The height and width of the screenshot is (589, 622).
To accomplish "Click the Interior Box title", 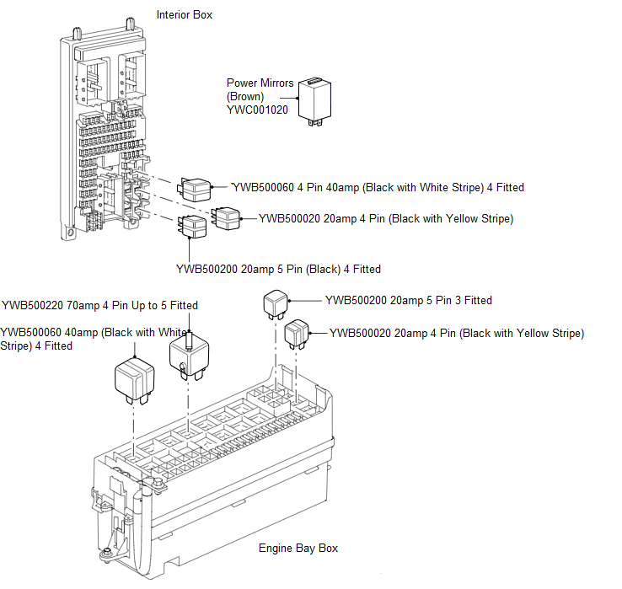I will click(x=185, y=15).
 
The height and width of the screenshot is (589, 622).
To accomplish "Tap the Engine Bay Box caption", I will click(x=298, y=548).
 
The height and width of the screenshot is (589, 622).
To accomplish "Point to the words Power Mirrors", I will click(x=260, y=83).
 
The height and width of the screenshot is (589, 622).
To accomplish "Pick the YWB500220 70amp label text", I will click(x=99, y=305).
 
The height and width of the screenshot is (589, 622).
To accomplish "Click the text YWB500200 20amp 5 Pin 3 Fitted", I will click(x=408, y=300).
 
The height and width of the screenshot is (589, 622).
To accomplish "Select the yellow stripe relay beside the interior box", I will click(x=226, y=218).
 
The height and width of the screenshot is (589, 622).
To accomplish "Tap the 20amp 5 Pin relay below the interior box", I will click(x=191, y=228).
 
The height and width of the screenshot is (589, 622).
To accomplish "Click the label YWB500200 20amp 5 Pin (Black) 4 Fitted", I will click(x=278, y=270).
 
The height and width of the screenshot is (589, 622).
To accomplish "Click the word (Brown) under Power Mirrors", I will click(x=245, y=97).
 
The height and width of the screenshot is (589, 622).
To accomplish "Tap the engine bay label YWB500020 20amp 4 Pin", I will click(x=456, y=333).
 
